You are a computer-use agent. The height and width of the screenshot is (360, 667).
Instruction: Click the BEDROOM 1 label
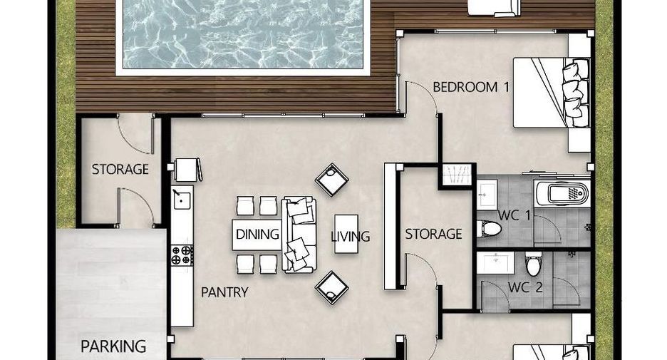[471, 87]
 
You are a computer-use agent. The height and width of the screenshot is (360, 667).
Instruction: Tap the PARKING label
[113, 346]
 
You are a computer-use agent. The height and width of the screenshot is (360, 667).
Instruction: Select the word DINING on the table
[257, 234]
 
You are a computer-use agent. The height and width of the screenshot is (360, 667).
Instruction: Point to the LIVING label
[351, 236]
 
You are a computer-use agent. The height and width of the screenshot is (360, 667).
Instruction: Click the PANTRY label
[224, 292]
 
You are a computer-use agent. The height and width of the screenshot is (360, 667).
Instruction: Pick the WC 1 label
[515, 215]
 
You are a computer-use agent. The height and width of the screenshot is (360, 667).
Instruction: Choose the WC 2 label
[525, 287]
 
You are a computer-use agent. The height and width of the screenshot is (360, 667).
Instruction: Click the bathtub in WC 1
[562, 194]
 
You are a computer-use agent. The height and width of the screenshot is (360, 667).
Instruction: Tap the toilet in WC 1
[489, 229]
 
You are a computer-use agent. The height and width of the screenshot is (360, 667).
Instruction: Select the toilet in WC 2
[534, 263]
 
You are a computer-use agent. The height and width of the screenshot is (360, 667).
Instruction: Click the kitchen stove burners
[182, 255]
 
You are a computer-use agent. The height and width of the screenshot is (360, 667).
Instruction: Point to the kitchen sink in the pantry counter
[182, 200]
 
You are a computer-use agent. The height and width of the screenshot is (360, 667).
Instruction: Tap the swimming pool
[243, 34]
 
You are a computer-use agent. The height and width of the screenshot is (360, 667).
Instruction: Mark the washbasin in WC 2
[495, 262]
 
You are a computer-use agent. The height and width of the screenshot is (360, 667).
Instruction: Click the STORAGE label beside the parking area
[120, 170]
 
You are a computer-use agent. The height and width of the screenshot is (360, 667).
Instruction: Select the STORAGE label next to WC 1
[433, 234]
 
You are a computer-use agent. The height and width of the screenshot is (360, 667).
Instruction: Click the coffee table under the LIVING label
[346, 234]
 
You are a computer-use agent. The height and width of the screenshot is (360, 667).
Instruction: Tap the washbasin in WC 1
[487, 195]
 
